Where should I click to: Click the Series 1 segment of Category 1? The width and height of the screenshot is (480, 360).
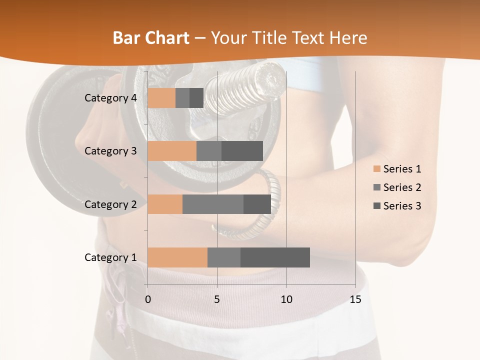click(177, 257)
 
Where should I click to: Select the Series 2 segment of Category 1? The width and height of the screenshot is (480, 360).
click(224, 257)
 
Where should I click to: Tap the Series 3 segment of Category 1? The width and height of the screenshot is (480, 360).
click(275, 257)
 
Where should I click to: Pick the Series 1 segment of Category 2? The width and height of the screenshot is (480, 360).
click(165, 204)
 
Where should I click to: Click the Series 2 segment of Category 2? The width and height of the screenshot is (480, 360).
click(213, 204)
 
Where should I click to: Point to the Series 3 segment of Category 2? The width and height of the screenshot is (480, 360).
click(257, 204)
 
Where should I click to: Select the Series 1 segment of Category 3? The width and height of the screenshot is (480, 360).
click(172, 151)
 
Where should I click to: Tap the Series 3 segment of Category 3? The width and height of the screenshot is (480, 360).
click(242, 151)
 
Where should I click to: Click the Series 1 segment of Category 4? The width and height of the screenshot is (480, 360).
click(161, 98)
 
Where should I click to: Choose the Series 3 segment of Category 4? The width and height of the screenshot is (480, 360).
click(196, 98)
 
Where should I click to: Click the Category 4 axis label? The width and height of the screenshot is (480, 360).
click(110, 98)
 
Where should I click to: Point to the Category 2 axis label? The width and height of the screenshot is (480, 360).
click(110, 204)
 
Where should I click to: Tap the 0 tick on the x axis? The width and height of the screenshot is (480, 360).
click(148, 299)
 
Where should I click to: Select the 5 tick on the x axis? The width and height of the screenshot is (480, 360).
click(217, 299)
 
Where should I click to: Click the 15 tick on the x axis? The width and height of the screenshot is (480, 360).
click(355, 299)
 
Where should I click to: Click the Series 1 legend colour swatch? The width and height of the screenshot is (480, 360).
click(376, 169)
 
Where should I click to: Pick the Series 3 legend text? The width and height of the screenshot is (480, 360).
click(402, 206)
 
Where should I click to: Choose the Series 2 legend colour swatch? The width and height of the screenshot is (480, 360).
click(376, 187)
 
